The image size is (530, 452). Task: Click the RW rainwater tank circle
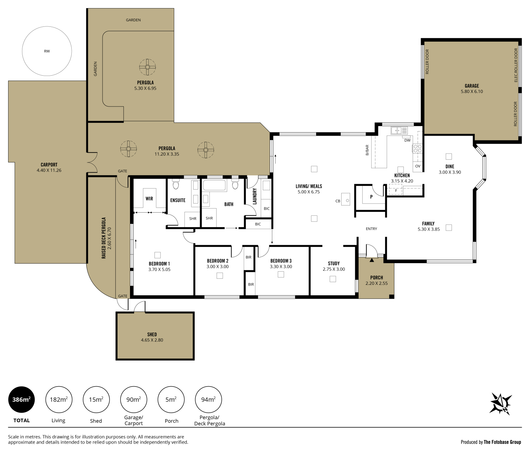(x=47, y=26)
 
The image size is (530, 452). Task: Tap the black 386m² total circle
(x=21, y=399)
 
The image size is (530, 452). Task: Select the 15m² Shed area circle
(x=96, y=399)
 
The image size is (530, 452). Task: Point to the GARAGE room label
(x=472, y=86)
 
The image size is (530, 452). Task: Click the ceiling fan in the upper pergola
(x=147, y=67)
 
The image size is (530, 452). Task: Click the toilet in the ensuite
(x=176, y=184)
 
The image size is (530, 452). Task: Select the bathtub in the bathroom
(x=214, y=185)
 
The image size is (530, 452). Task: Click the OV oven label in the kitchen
(x=418, y=166)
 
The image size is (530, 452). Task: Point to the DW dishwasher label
(x=407, y=140)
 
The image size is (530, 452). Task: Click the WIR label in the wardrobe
(x=149, y=198)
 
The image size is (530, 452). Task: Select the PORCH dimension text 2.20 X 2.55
(x=377, y=283)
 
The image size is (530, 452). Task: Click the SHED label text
(x=152, y=334)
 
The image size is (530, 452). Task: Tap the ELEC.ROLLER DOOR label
(x=516, y=65)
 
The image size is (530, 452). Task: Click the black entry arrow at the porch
(x=372, y=260)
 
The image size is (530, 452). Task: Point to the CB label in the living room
(x=338, y=201)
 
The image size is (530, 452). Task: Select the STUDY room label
(x=334, y=263)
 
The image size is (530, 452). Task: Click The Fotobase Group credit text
(x=502, y=442)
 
